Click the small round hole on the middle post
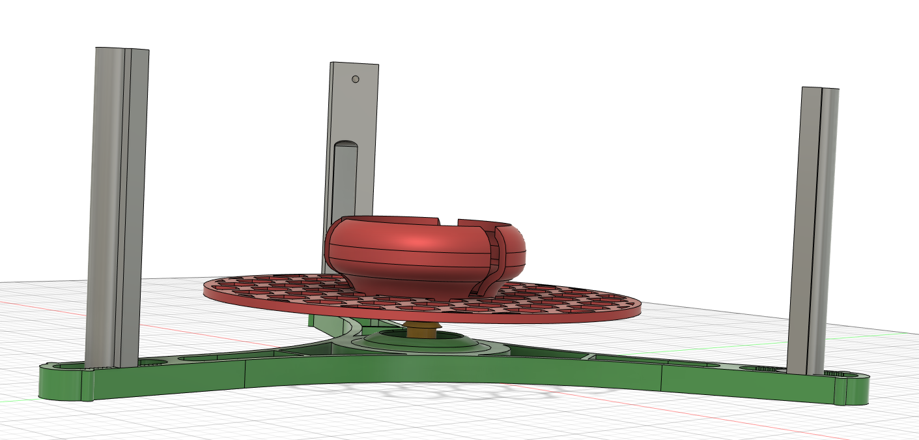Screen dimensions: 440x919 click(x=355, y=80)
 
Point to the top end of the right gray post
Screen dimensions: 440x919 click(x=820, y=89)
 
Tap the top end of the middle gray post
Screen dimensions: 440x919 click(x=354, y=65)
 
